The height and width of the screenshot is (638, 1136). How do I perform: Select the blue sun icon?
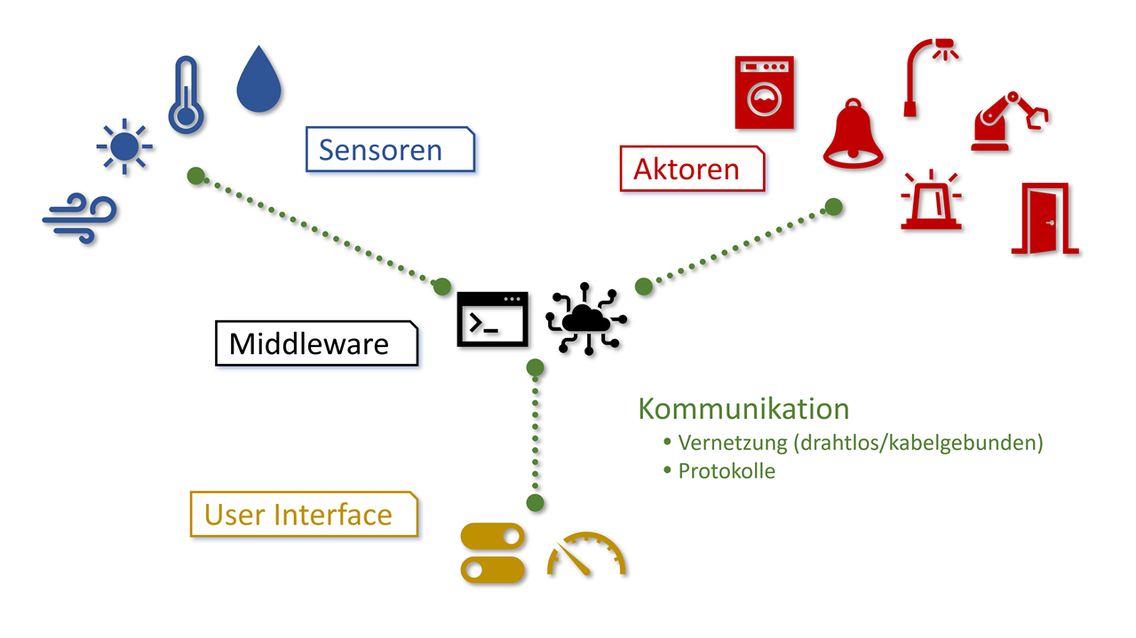(x=125, y=146)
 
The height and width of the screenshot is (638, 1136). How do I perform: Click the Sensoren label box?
(x=390, y=149)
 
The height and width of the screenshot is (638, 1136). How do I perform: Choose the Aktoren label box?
(x=691, y=169)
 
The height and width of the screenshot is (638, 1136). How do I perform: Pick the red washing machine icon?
(x=764, y=92)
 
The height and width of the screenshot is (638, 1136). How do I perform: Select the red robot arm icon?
(x=1008, y=119)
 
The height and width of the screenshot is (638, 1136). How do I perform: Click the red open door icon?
(x=1045, y=219)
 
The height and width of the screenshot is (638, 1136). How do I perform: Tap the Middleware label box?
(x=315, y=343)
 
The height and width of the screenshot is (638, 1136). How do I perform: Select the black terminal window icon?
(x=492, y=319)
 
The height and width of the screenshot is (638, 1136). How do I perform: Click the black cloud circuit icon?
(x=585, y=319)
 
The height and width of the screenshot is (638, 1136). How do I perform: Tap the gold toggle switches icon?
(x=493, y=553)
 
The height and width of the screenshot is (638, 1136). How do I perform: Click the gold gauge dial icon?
(x=586, y=555)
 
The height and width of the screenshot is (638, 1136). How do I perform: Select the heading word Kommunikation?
(x=743, y=409)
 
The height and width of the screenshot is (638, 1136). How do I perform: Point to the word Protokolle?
(x=726, y=471)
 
